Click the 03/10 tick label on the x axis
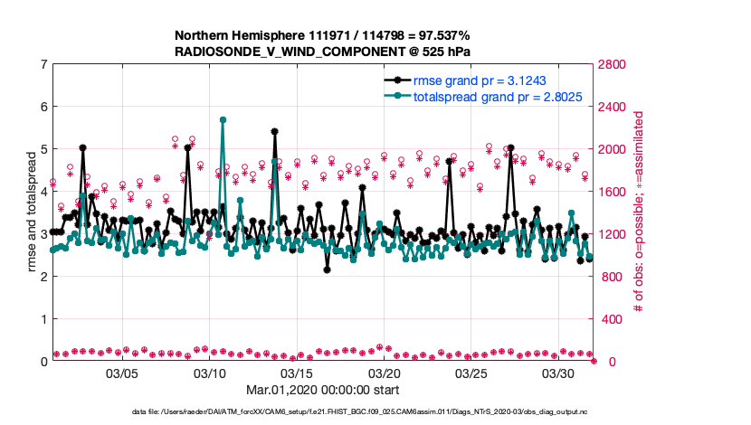(209, 373)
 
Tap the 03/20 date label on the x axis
(384, 373)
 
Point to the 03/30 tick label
(558, 373)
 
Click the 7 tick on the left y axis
(43, 64)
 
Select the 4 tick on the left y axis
(43, 192)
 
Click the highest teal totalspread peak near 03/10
(223, 119)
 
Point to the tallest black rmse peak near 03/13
(274, 131)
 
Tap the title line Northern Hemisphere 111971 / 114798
(322, 35)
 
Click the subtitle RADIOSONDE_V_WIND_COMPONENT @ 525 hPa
(322, 52)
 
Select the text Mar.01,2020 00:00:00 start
(322, 391)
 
